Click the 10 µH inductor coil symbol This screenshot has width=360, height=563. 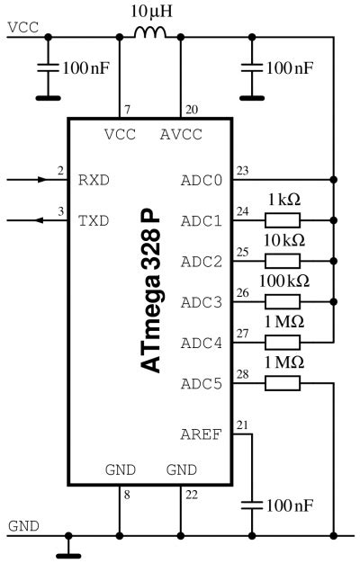click(150, 33)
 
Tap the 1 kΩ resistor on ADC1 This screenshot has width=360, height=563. click(283, 220)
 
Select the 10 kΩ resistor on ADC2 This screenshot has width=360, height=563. click(283, 261)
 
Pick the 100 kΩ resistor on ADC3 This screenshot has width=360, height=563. click(283, 301)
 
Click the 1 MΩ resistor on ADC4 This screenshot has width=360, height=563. click(283, 342)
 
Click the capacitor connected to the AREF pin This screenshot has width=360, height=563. click(253, 505)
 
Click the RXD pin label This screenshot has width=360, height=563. click(94, 180)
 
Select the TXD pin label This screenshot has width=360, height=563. click(94, 220)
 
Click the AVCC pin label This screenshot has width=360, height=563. click(181, 136)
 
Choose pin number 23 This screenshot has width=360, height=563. click(242, 171)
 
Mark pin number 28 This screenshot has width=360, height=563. click(242, 373)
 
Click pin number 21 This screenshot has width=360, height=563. click(242, 424)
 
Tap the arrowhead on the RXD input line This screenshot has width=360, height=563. click(40, 180)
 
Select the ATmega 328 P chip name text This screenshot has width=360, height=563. click(150, 292)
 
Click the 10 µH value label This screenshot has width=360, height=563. click(149, 11)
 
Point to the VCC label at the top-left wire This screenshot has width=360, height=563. click(22, 27)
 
